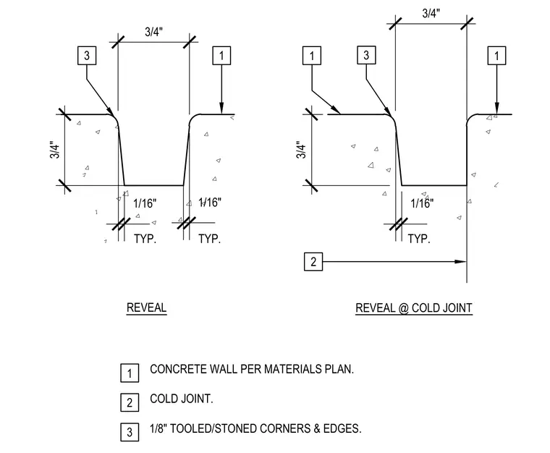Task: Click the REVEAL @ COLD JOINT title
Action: (x=414, y=308)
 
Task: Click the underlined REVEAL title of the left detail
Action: (x=147, y=308)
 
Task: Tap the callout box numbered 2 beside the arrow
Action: (x=313, y=261)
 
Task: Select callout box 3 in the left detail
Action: (x=87, y=56)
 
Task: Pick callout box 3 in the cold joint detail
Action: (x=366, y=55)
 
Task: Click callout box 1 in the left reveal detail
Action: (x=221, y=56)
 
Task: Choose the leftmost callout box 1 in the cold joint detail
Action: (x=312, y=56)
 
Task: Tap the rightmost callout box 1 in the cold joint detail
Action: (x=496, y=56)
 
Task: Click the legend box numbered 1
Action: (x=130, y=373)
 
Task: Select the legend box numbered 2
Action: (x=130, y=402)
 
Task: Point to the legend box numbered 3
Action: (x=130, y=432)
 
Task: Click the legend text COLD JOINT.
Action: (x=182, y=399)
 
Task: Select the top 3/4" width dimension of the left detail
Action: (x=153, y=32)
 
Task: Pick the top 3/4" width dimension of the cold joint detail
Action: (x=431, y=13)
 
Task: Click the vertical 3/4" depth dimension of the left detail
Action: (x=55, y=150)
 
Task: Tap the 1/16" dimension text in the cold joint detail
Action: (x=422, y=203)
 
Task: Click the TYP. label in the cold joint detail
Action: (x=419, y=239)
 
